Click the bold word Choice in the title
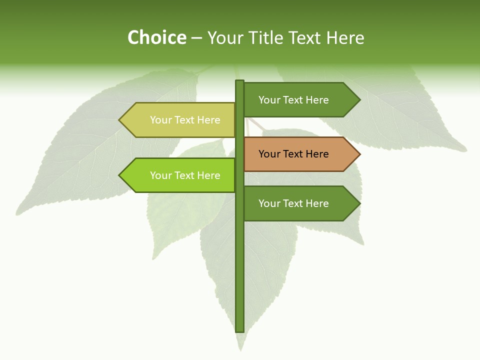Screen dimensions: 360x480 156,38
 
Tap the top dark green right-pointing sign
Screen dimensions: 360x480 295,100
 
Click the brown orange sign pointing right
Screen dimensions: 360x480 295,154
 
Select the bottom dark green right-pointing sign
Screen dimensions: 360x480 295,203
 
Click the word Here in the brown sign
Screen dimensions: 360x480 317,154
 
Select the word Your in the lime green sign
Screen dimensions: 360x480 160,175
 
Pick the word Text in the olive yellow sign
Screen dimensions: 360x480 184,120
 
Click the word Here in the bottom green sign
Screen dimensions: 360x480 317,203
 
